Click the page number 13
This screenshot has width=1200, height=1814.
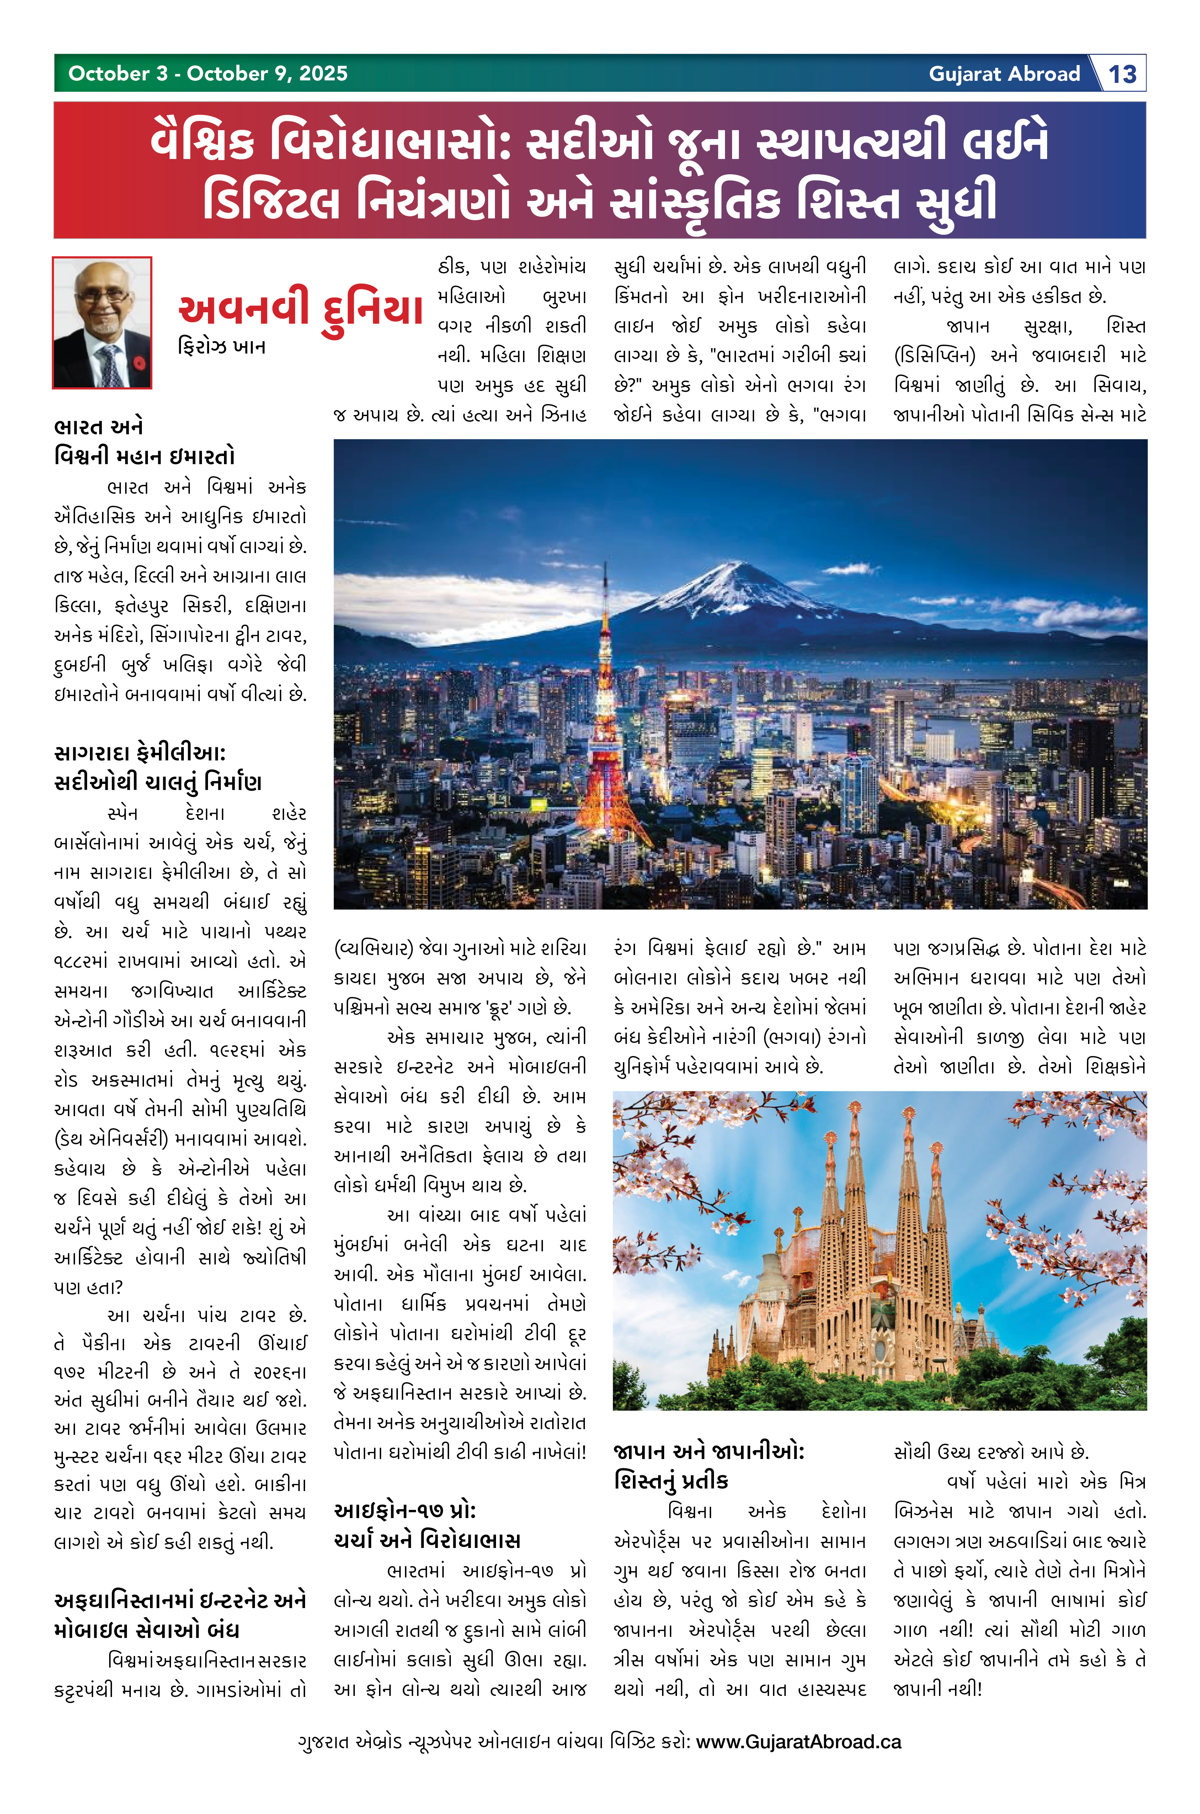pyautogui.click(x=1123, y=74)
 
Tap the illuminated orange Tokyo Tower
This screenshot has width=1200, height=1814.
pyautogui.click(x=606, y=735)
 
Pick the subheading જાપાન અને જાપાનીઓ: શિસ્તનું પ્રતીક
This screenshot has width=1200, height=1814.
pyautogui.click(x=708, y=1465)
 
